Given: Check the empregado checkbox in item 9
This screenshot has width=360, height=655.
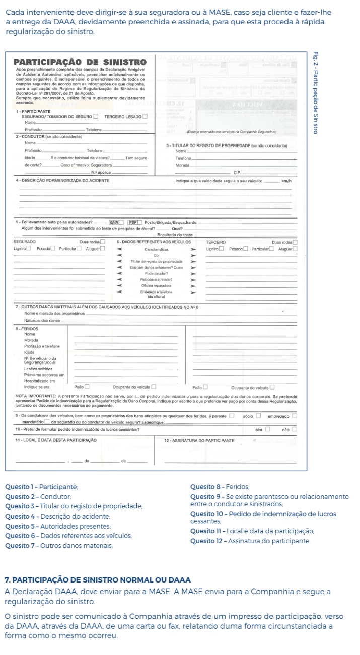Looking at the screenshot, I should pos(295,416).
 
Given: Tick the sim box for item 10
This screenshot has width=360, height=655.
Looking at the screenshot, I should pos(268,429).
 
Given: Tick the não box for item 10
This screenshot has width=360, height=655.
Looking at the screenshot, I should pos(295,429).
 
